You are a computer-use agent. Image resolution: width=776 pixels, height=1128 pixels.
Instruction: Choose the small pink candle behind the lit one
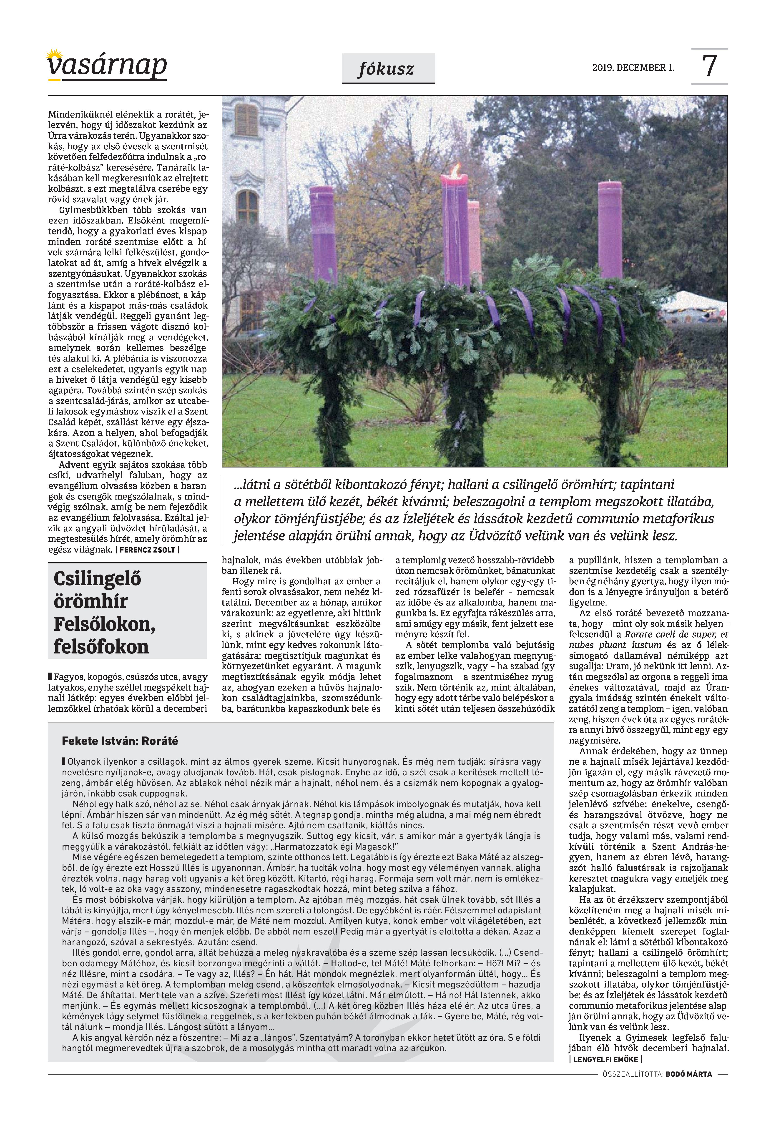tap(474, 243)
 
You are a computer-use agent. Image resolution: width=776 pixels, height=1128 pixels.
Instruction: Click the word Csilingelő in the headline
tap(97, 579)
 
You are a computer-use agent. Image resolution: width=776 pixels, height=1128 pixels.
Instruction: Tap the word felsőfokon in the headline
tap(101, 647)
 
